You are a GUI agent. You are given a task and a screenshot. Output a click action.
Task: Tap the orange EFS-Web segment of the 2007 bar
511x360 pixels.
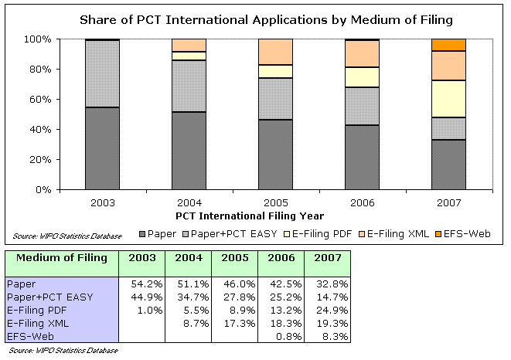pyautogui.click(x=449, y=44)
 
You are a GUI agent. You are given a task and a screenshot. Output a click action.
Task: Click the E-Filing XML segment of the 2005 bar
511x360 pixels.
pyautogui.click(x=275, y=51)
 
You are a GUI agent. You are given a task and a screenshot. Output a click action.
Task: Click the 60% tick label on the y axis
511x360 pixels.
pyautogui.click(x=38, y=99)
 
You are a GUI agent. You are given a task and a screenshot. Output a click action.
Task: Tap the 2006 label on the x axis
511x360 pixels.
pyautogui.click(x=362, y=202)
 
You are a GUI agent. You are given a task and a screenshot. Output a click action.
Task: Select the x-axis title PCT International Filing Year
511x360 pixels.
pyautogui.click(x=249, y=216)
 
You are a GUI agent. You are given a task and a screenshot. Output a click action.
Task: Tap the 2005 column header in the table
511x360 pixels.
pyautogui.click(x=234, y=258)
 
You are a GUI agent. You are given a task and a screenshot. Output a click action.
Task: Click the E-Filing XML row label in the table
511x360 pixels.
pyautogui.click(x=35, y=323)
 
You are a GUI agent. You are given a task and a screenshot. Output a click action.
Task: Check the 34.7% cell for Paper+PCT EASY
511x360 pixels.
pyautogui.click(x=189, y=297)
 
